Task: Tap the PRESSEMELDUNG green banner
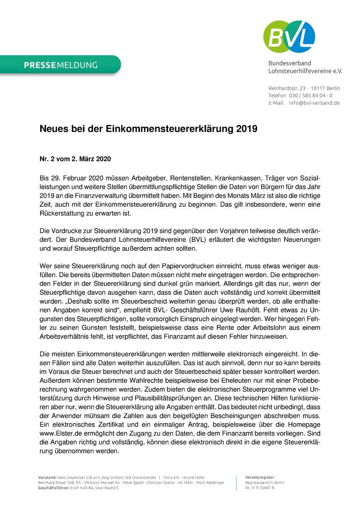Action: (61, 65)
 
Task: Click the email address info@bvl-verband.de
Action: (314, 103)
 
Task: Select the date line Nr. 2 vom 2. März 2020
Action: (75, 159)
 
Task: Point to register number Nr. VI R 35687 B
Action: (259, 488)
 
